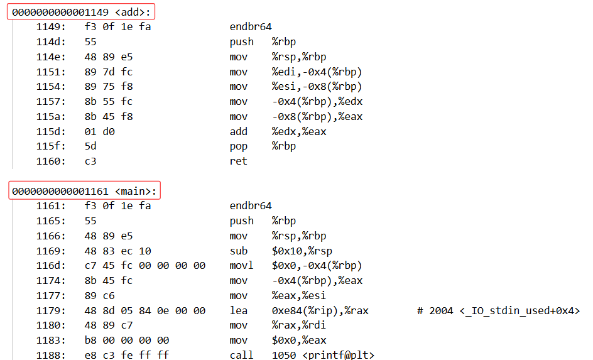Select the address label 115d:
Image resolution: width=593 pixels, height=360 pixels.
tap(50, 131)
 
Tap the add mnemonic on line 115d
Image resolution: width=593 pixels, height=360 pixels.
tap(239, 131)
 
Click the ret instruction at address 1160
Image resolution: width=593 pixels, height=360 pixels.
tap(239, 161)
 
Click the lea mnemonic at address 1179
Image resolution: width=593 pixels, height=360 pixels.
tap(239, 310)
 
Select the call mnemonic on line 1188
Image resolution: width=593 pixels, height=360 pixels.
tap(241, 356)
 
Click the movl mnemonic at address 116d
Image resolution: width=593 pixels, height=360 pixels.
tap(241, 266)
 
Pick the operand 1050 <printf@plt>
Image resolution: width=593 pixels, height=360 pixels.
tap(323, 356)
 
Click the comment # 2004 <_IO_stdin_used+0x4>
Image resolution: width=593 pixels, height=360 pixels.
tap(498, 310)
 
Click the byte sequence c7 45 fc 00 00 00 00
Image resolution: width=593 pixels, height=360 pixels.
tap(144, 266)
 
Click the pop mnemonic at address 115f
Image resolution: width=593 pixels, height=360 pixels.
tap(239, 146)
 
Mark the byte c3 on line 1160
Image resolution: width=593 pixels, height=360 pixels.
tap(90, 161)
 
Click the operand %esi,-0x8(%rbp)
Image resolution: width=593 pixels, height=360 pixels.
tap(317, 87)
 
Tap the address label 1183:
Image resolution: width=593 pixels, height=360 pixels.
tap(50, 341)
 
